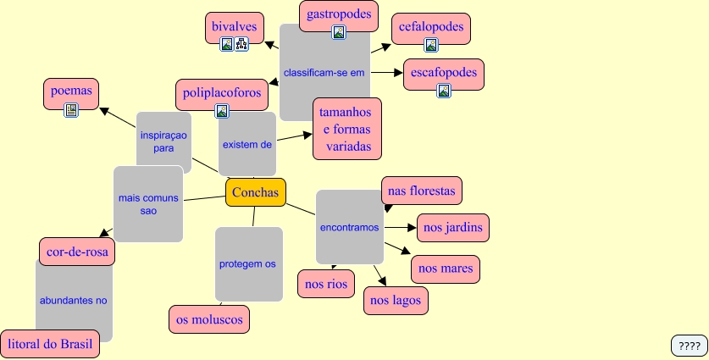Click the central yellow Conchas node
tap(255, 192)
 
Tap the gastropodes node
tap(338, 14)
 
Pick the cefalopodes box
tap(431, 27)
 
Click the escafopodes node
tap(444, 73)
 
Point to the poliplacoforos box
tap(222, 91)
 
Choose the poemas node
tap(71, 90)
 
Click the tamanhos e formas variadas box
tap(347, 128)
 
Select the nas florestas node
tap(421, 191)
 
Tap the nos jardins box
tap(453, 227)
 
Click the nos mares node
tap(446, 269)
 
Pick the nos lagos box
tap(396, 300)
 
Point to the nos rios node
tap(326, 284)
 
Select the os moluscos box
tap(209, 318)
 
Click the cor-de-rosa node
tap(77, 252)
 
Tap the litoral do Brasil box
tap(50, 344)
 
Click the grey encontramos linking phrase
tap(350, 227)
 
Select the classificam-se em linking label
tap(324, 73)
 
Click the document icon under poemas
tap(71, 109)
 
